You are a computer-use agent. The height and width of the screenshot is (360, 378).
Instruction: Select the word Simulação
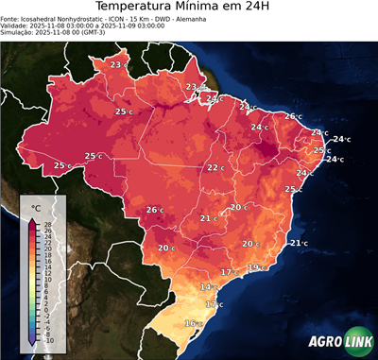[18, 34]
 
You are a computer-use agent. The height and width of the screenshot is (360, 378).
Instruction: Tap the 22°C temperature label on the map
[215, 167]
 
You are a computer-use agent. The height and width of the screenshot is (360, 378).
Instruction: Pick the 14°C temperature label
[207, 286]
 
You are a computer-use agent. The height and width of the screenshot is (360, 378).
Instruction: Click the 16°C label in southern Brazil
[192, 323]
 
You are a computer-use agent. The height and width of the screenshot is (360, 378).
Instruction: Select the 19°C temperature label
[255, 267]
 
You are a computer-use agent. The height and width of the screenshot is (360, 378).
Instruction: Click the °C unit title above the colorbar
[36, 207]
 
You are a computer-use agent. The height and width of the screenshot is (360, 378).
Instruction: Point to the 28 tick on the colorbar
[47, 223]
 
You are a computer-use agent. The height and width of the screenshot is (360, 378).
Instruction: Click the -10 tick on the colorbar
[48, 340]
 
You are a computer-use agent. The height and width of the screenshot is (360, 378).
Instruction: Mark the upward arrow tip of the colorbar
[33, 216]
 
